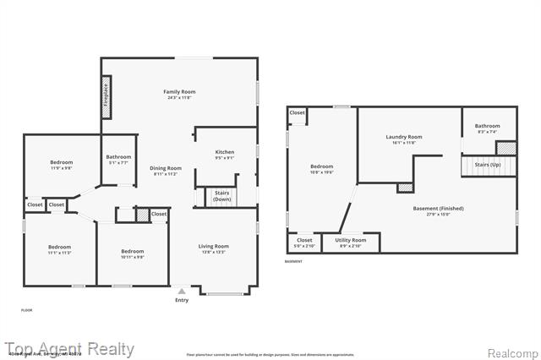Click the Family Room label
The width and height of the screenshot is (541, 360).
pyautogui.click(x=179, y=91)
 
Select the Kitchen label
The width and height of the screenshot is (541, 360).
pyautogui.click(x=225, y=152)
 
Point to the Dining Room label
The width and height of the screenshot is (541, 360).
pyautogui.click(x=166, y=168)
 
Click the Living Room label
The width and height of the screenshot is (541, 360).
pyautogui.click(x=214, y=246)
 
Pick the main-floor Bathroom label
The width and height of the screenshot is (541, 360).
pyautogui.click(x=118, y=156)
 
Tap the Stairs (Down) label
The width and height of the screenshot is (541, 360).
pyautogui.click(x=222, y=196)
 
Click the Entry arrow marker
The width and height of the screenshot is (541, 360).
pyautogui.click(x=182, y=292)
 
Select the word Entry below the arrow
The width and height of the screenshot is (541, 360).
pyautogui.click(x=182, y=300)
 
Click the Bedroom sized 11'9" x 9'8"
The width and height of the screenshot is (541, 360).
pyautogui.click(x=61, y=162)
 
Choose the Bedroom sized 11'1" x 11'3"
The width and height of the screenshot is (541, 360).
pyautogui.click(x=59, y=247)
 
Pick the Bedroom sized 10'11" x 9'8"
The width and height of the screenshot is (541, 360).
pyautogui.click(x=132, y=251)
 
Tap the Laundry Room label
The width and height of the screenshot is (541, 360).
pyautogui.click(x=404, y=137)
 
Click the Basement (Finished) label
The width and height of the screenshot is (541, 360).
pyautogui.click(x=438, y=208)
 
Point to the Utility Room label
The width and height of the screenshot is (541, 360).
pyautogui.click(x=351, y=240)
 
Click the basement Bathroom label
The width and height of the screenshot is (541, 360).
pyautogui.click(x=488, y=126)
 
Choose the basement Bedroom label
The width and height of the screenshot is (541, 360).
pyautogui.click(x=322, y=166)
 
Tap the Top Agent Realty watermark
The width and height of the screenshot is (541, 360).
pyautogui.click(x=70, y=349)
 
